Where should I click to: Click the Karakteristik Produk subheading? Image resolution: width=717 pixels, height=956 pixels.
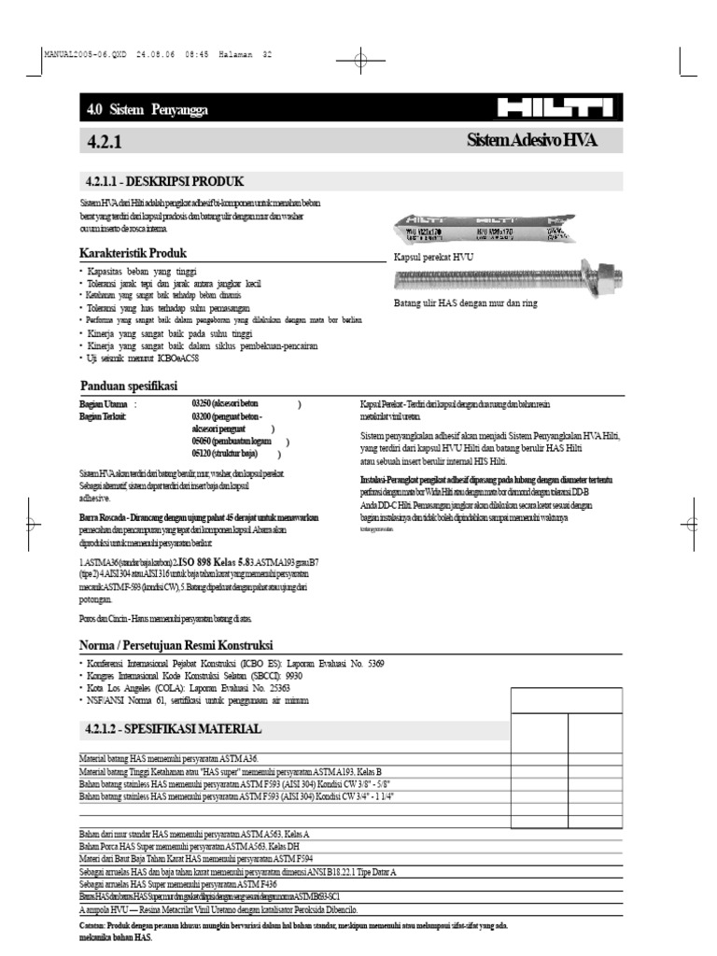[134, 253]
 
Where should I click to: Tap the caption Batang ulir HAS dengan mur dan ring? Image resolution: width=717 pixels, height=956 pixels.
[466, 303]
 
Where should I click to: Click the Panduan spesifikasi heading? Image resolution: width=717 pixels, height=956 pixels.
[128, 387]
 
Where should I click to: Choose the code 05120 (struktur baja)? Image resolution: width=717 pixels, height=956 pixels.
[204, 454]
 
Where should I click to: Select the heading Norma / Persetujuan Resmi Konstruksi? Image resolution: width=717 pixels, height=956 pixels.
[176, 645]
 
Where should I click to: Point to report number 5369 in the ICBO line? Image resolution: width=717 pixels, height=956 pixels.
[373, 663]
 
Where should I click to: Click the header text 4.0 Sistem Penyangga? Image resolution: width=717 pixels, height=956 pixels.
[147, 110]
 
